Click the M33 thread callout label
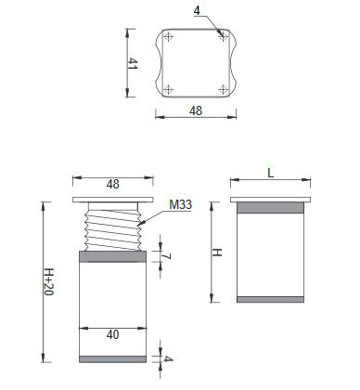point(181,204)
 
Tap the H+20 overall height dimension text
point(48,281)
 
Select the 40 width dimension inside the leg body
point(112,334)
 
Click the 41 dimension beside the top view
point(133,63)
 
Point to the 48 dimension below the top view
point(196,110)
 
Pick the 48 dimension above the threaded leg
point(113,184)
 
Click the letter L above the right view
point(271,173)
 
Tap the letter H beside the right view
point(217,253)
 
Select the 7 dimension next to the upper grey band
point(167,256)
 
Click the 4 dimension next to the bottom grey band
point(168,359)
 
